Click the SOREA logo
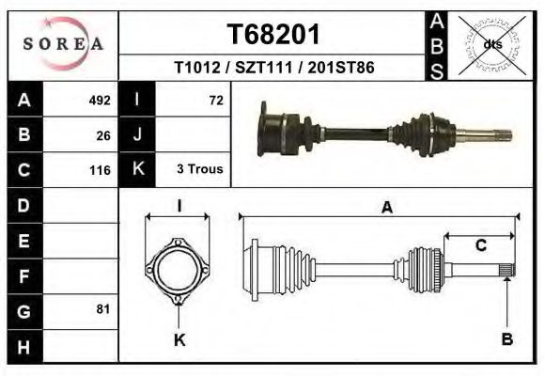point(63,44)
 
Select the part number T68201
point(274,35)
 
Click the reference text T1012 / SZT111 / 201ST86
point(274,69)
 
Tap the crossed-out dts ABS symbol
point(491,44)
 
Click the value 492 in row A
point(99,101)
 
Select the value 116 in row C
point(99,170)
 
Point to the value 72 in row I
point(215,101)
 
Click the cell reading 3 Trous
point(199,170)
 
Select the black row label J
point(137,135)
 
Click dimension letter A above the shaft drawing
point(386,209)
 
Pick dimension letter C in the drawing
point(480,246)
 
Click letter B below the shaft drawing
point(507,339)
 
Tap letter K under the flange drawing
point(179,339)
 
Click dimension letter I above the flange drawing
point(179,206)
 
